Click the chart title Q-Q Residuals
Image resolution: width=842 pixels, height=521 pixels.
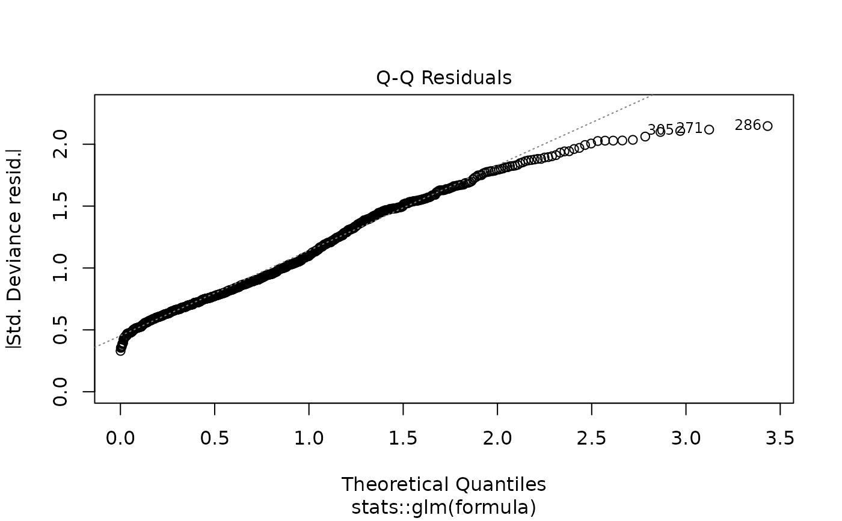(444, 78)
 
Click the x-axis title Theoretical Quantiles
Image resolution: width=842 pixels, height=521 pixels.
(444, 484)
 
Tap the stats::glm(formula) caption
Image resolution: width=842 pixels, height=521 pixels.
(444, 507)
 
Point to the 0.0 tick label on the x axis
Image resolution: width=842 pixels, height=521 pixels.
(120, 439)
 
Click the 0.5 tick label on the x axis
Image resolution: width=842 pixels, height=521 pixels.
(215, 439)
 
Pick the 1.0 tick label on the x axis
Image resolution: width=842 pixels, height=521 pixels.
(309, 439)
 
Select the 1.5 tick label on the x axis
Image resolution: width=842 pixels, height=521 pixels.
(403, 439)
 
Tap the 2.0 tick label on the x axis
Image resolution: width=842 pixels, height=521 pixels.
(497, 439)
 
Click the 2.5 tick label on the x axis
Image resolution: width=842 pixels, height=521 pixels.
(592, 439)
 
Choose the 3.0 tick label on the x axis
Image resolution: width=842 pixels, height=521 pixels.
(686, 439)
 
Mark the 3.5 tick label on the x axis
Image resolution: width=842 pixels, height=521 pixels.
(780, 439)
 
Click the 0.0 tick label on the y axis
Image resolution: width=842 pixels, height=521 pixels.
(60, 392)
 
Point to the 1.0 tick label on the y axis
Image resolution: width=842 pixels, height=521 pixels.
(60, 268)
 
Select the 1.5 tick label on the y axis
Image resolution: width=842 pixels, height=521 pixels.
(60, 206)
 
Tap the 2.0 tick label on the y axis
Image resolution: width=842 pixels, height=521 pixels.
(60, 144)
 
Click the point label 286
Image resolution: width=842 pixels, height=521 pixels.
(748, 126)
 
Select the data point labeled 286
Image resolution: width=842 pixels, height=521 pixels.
(767, 126)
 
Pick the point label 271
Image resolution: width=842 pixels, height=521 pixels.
(689, 128)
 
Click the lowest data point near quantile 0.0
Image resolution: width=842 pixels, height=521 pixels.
(120, 351)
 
